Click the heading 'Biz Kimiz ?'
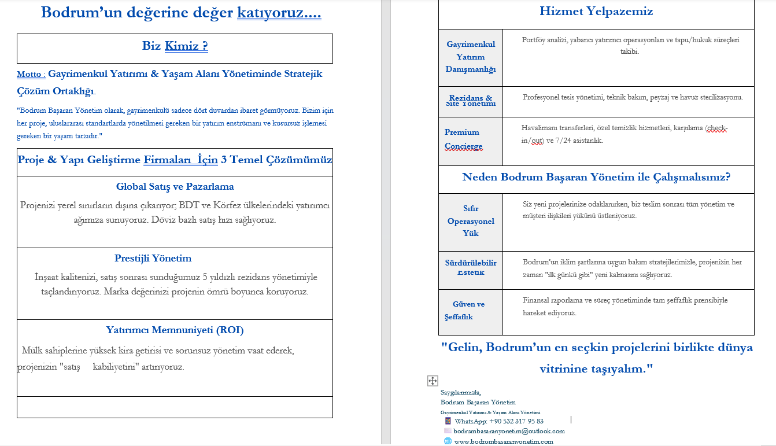175,46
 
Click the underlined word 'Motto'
30,75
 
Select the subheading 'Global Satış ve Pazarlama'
175,187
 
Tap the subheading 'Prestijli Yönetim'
153,259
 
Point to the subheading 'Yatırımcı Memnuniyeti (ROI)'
175,330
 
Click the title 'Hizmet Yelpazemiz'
596,11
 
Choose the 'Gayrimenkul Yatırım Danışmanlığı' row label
471,57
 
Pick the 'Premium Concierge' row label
463,139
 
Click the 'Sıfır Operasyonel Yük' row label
471,221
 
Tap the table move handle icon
433,381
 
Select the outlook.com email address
509,431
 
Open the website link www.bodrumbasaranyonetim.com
503,441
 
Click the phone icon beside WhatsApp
448,421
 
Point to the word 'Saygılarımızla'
460,392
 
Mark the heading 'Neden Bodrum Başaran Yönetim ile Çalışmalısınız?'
596,177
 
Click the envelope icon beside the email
448,431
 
